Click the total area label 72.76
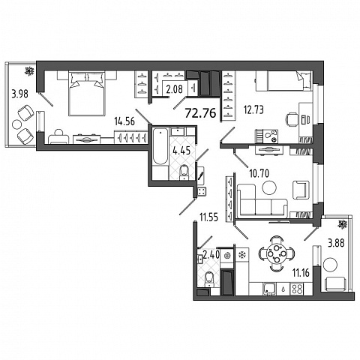coord(200,113)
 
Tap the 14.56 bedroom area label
coord(124,121)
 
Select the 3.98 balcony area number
coord(20,94)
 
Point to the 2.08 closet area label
coord(175,88)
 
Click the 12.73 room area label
coord(254,109)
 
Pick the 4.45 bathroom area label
coord(181,151)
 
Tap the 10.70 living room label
coord(259,173)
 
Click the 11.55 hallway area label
coord(208,217)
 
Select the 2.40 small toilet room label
coord(211,255)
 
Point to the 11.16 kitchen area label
coord(301,273)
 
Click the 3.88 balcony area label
coord(336,243)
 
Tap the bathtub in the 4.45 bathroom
coord(160,146)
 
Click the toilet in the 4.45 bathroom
coord(184,172)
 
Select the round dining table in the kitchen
coord(277,253)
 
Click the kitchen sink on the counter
coord(269,289)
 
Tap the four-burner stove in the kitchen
coord(296,289)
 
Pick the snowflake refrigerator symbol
coord(242,255)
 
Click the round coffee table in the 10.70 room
coord(269,187)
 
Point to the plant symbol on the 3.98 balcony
coord(29,71)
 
